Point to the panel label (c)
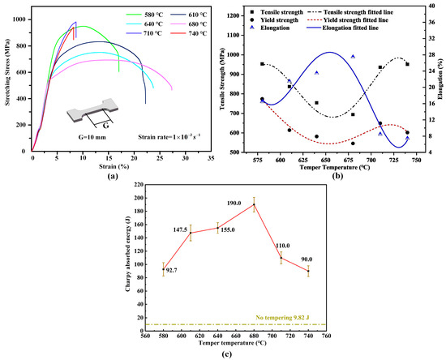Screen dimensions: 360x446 [x=221, y=354]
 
